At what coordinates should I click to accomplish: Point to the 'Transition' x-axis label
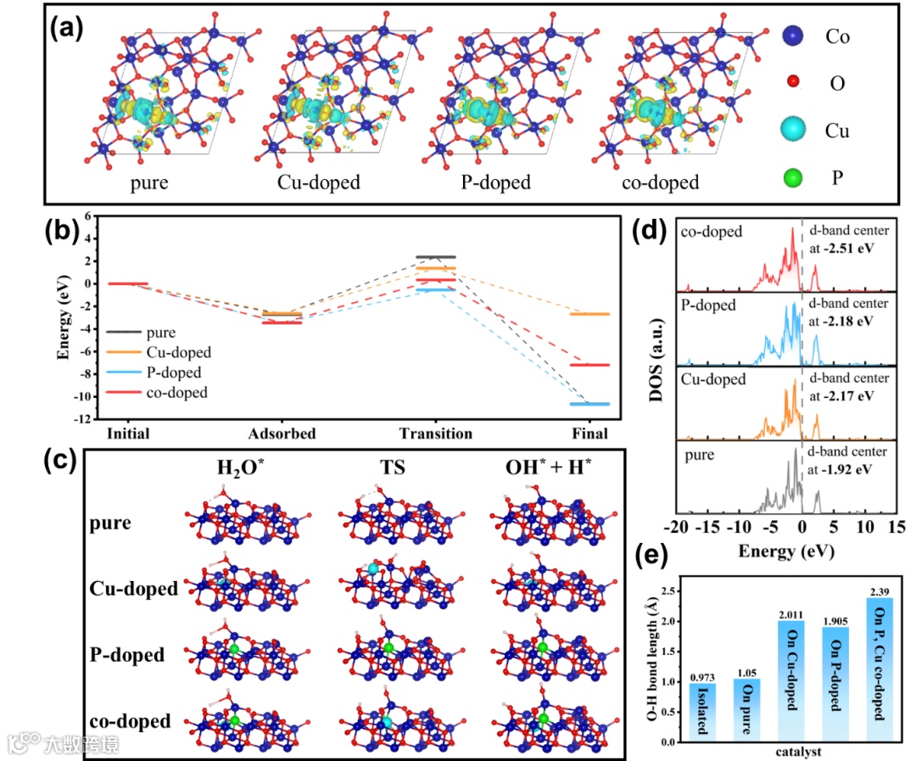(435, 434)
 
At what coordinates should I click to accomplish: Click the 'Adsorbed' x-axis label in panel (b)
(282, 434)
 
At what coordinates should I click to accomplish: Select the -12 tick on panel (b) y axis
(82, 419)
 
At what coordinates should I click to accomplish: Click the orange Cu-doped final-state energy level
(589, 314)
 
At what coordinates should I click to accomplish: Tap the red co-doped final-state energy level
(589, 365)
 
